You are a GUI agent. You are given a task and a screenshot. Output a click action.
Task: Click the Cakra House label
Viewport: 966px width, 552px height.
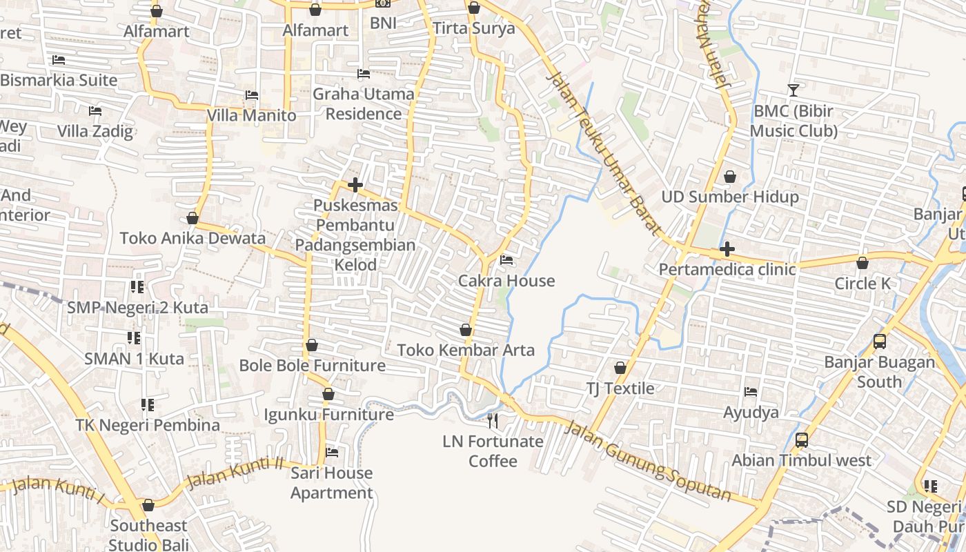point(506,281)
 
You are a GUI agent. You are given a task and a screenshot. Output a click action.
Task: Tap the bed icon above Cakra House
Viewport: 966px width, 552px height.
point(506,261)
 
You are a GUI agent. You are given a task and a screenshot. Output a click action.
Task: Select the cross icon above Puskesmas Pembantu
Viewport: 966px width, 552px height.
point(355,185)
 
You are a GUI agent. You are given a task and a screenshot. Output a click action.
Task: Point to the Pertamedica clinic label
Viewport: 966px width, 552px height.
point(727,270)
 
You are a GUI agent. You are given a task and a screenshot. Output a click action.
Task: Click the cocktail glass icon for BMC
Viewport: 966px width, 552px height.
point(793,90)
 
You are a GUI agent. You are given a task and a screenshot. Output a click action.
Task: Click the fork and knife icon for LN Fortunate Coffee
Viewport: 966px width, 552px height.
point(493,420)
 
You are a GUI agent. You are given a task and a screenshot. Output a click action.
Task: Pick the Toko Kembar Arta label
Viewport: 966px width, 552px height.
point(466,351)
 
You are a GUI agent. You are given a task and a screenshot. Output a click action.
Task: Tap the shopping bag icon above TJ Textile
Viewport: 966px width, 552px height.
point(620,368)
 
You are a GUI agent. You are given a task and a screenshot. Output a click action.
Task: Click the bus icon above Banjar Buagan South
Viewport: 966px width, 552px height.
point(879,341)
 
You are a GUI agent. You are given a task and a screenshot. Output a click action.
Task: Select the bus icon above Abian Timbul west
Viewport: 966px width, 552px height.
point(801,440)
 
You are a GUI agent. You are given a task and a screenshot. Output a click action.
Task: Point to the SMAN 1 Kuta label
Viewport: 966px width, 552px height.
point(134,359)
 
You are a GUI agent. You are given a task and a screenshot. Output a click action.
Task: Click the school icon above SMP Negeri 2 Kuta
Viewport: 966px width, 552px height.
point(137,286)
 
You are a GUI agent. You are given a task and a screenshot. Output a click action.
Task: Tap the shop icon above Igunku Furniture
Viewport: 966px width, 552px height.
point(328,394)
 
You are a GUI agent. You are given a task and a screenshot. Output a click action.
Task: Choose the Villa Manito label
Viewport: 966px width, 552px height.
point(252,115)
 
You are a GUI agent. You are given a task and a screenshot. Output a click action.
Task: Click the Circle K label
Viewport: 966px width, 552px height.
point(862,284)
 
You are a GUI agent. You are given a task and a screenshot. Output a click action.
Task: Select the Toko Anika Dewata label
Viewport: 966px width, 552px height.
point(193,239)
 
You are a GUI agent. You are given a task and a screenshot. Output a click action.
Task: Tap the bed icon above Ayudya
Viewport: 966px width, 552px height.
point(751,392)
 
